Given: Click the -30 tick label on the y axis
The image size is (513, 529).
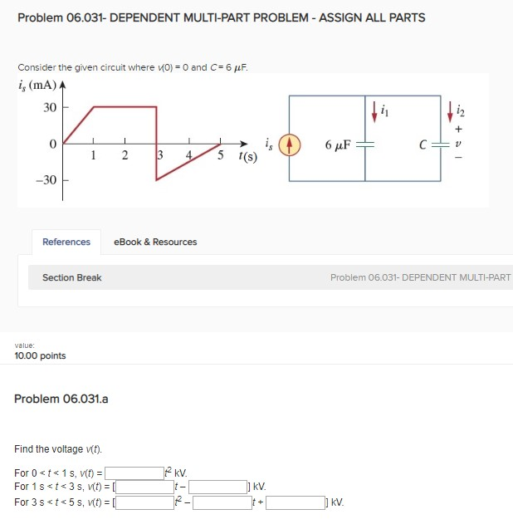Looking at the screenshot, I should pyautogui.click(x=46, y=179).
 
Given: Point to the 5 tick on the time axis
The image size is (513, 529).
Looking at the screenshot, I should pyautogui.click(x=220, y=154).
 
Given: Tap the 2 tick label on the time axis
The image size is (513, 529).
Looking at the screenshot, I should pyautogui.click(x=124, y=154).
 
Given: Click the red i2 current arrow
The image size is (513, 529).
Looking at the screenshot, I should pyautogui.click(x=451, y=107).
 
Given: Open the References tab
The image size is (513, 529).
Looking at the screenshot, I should pyautogui.click(x=66, y=242).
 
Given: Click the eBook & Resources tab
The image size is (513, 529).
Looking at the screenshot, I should pyautogui.click(x=155, y=242).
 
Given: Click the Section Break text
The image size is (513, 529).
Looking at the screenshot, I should pyautogui.click(x=72, y=277).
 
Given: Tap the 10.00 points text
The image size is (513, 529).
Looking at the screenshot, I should pyautogui.click(x=40, y=355).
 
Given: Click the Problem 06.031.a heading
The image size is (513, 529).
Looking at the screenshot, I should pyautogui.click(x=61, y=399).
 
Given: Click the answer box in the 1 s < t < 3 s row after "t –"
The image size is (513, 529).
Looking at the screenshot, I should pyautogui.click(x=217, y=487).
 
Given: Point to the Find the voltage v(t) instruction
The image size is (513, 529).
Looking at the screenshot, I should pyautogui.click(x=58, y=449).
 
